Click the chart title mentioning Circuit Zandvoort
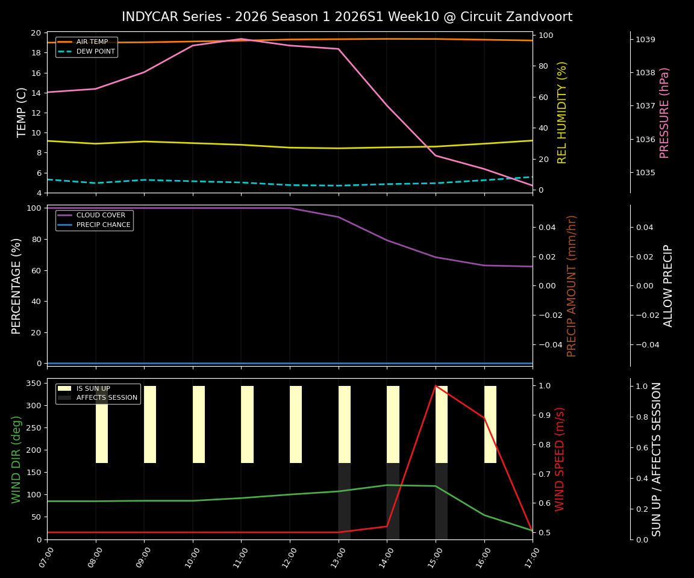coord(346,17)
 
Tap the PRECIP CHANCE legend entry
coord(103,225)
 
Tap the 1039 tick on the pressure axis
coord(645,40)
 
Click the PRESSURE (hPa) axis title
coord(664,113)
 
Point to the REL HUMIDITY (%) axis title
coord(562,113)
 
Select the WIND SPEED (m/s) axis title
coord(560,459)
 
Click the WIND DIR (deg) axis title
coord(16,459)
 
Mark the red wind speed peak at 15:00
coord(436,386)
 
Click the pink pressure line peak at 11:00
coord(241,39)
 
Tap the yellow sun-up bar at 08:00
coord(102,424)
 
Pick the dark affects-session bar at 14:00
coord(393,501)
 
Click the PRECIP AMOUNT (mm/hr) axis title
coord(572,285)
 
